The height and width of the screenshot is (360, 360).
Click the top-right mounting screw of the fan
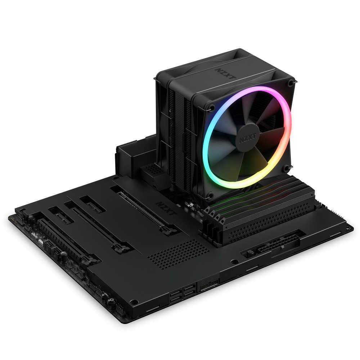291,82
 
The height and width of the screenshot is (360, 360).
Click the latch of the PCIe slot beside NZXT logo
165,228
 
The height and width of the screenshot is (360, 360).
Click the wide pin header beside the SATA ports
209,283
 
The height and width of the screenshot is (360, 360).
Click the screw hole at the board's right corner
348,228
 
